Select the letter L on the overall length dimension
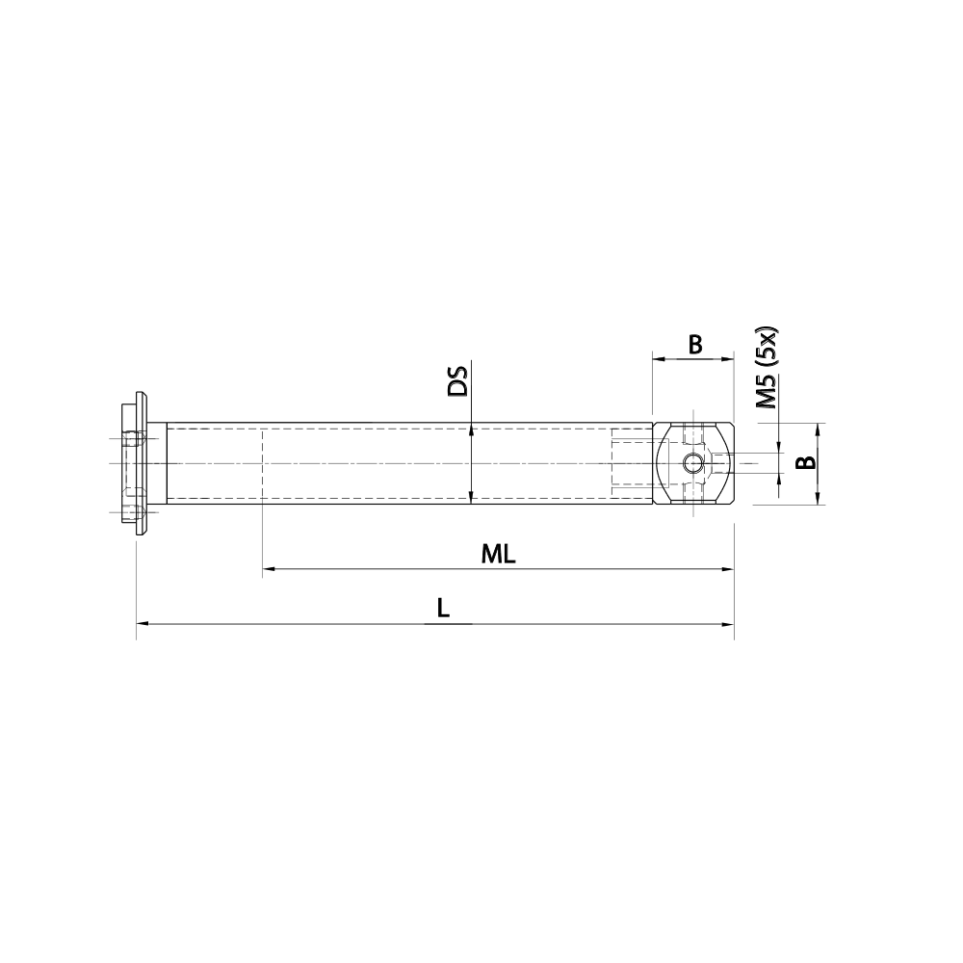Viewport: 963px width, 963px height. coord(442,609)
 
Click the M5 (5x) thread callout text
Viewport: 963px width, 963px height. coord(767,369)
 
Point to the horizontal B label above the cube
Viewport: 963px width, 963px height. coord(694,344)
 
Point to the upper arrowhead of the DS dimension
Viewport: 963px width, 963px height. coord(471,429)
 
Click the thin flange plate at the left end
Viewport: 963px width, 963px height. coord(141,463)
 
